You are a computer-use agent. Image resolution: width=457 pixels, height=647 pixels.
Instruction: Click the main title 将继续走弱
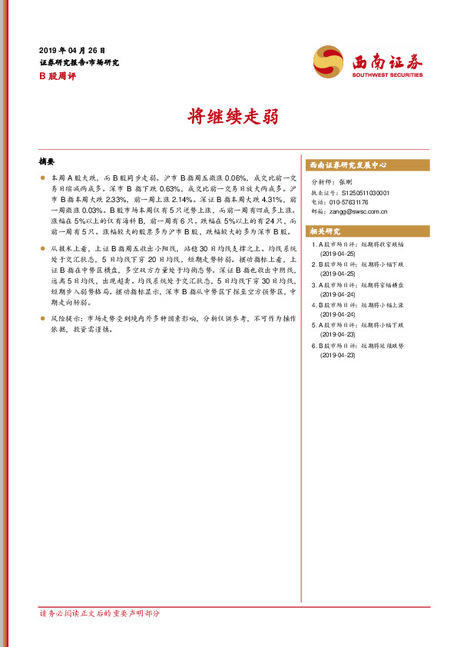click(x=228, y=117)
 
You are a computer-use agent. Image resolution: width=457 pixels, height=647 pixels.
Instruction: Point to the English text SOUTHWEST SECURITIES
click(x=387, y=75)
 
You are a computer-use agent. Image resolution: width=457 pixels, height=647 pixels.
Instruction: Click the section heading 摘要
click(x=47, y=162)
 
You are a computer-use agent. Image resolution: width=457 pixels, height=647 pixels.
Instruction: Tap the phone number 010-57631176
click(x=353, y=202)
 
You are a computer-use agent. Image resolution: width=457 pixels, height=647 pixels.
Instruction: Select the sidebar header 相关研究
click(x=323, y=231)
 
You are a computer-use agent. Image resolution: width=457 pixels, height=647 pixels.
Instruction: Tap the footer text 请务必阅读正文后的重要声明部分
click(x=100, y=614)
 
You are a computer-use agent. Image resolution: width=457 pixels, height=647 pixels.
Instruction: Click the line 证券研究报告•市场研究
click(x=79, y=62)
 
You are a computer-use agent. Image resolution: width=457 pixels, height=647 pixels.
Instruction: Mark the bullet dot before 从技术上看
click(x=42, y=250)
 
